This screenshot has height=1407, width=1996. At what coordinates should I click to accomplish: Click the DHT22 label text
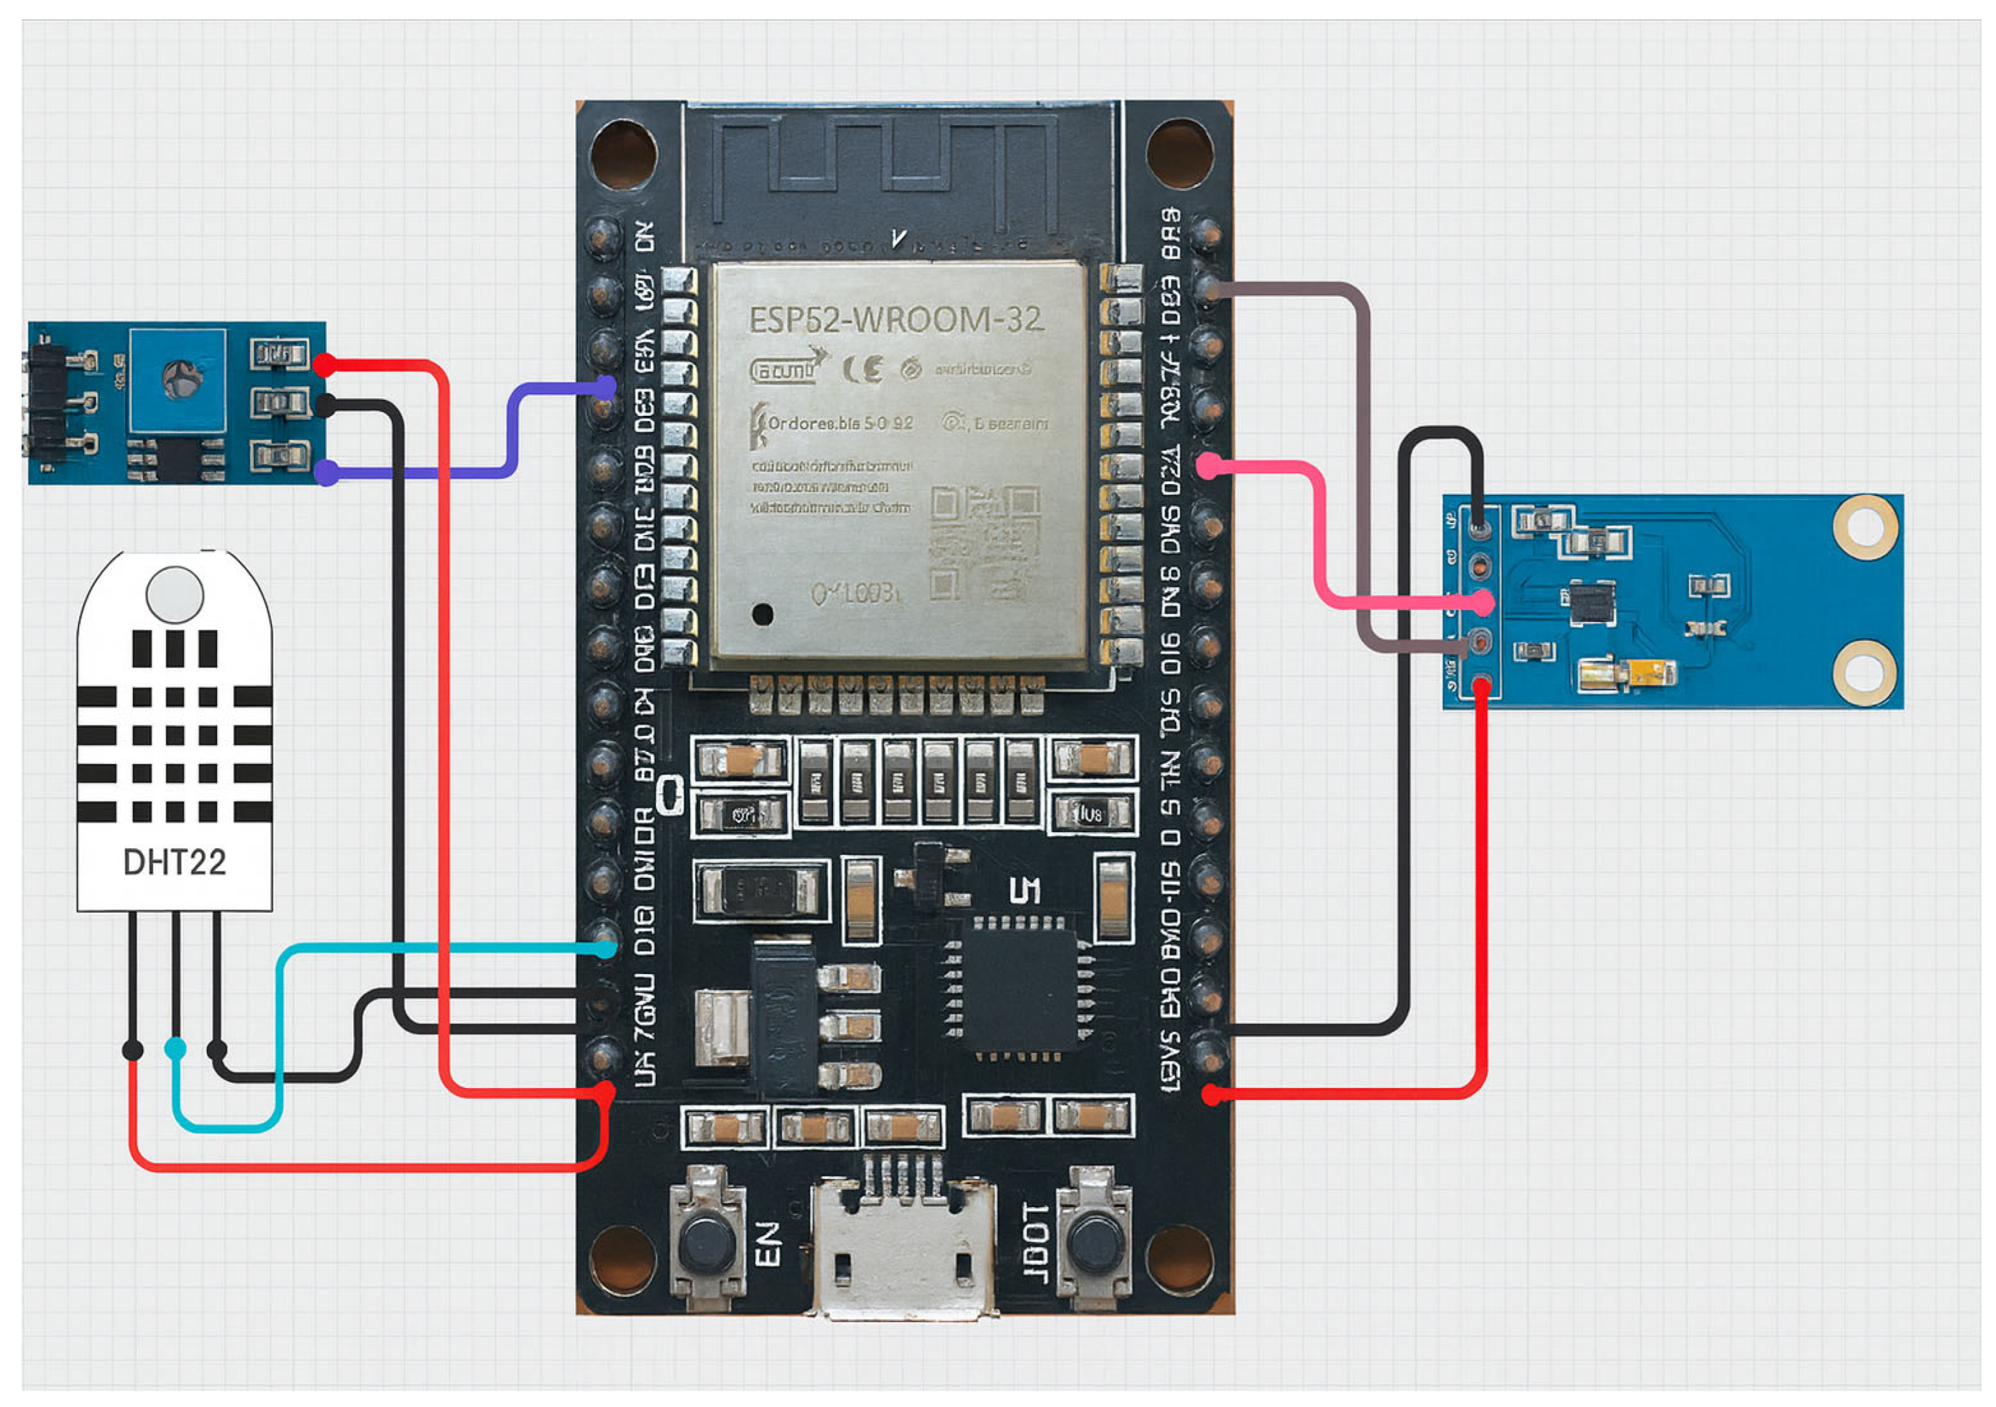pos(174,862)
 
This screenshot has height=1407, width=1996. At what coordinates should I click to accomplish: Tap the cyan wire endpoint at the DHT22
pos(175,1048)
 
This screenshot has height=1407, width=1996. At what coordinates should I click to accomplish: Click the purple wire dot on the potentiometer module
pos(327,473)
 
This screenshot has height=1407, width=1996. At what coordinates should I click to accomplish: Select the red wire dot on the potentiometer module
pos(324,365)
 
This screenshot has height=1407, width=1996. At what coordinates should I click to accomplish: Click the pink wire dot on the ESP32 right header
pos(1207,466)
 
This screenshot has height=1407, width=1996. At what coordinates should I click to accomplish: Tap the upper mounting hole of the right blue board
pos(1865,527)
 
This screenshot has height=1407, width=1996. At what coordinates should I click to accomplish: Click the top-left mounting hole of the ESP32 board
pos(624,154)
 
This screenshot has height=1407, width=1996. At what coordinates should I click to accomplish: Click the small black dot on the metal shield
pos(762,615)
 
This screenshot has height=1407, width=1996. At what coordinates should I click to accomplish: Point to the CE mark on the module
pos(863,370)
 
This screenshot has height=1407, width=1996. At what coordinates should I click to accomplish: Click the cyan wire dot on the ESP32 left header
pos(605,949)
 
